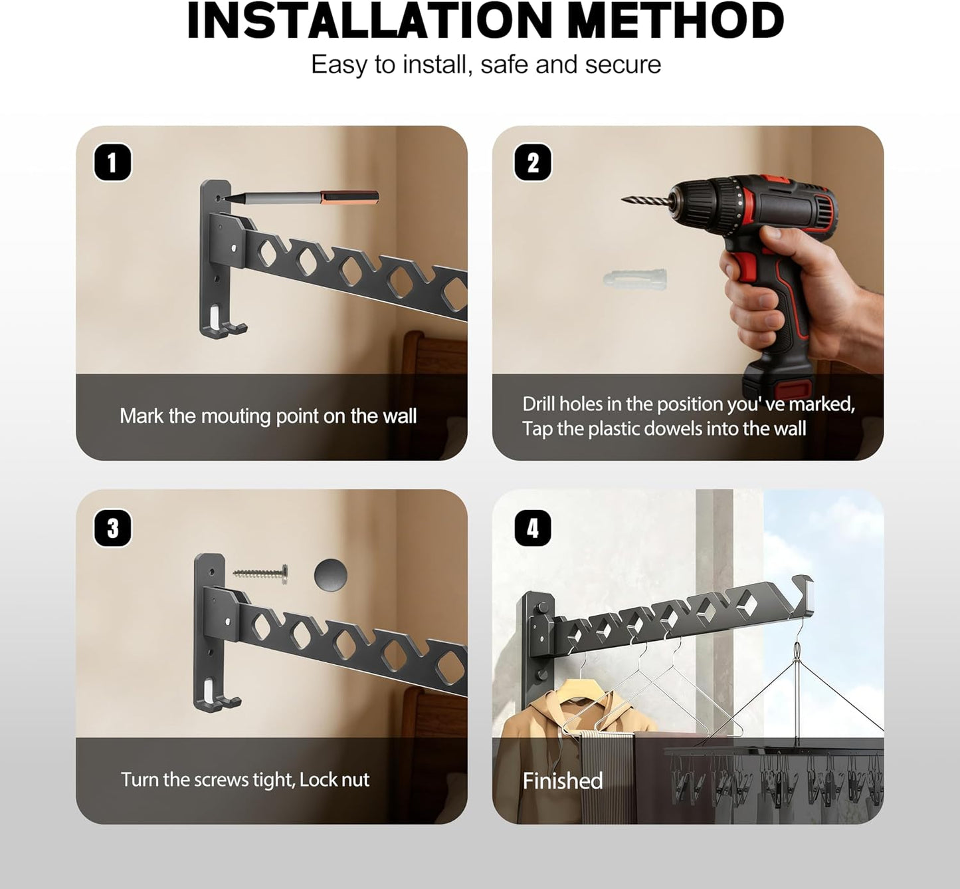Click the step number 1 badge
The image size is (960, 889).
coord(112,163)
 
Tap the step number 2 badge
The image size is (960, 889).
coord(533,163)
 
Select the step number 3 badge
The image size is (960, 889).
coord(113,528)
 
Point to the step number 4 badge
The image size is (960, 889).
coord(533,528)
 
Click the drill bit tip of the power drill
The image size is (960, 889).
coord(624,199)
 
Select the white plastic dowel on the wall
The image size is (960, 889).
coord(635,278)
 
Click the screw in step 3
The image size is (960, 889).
coord(261,574)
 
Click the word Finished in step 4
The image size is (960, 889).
coord(563,781)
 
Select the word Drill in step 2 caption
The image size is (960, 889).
coord(539,404)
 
